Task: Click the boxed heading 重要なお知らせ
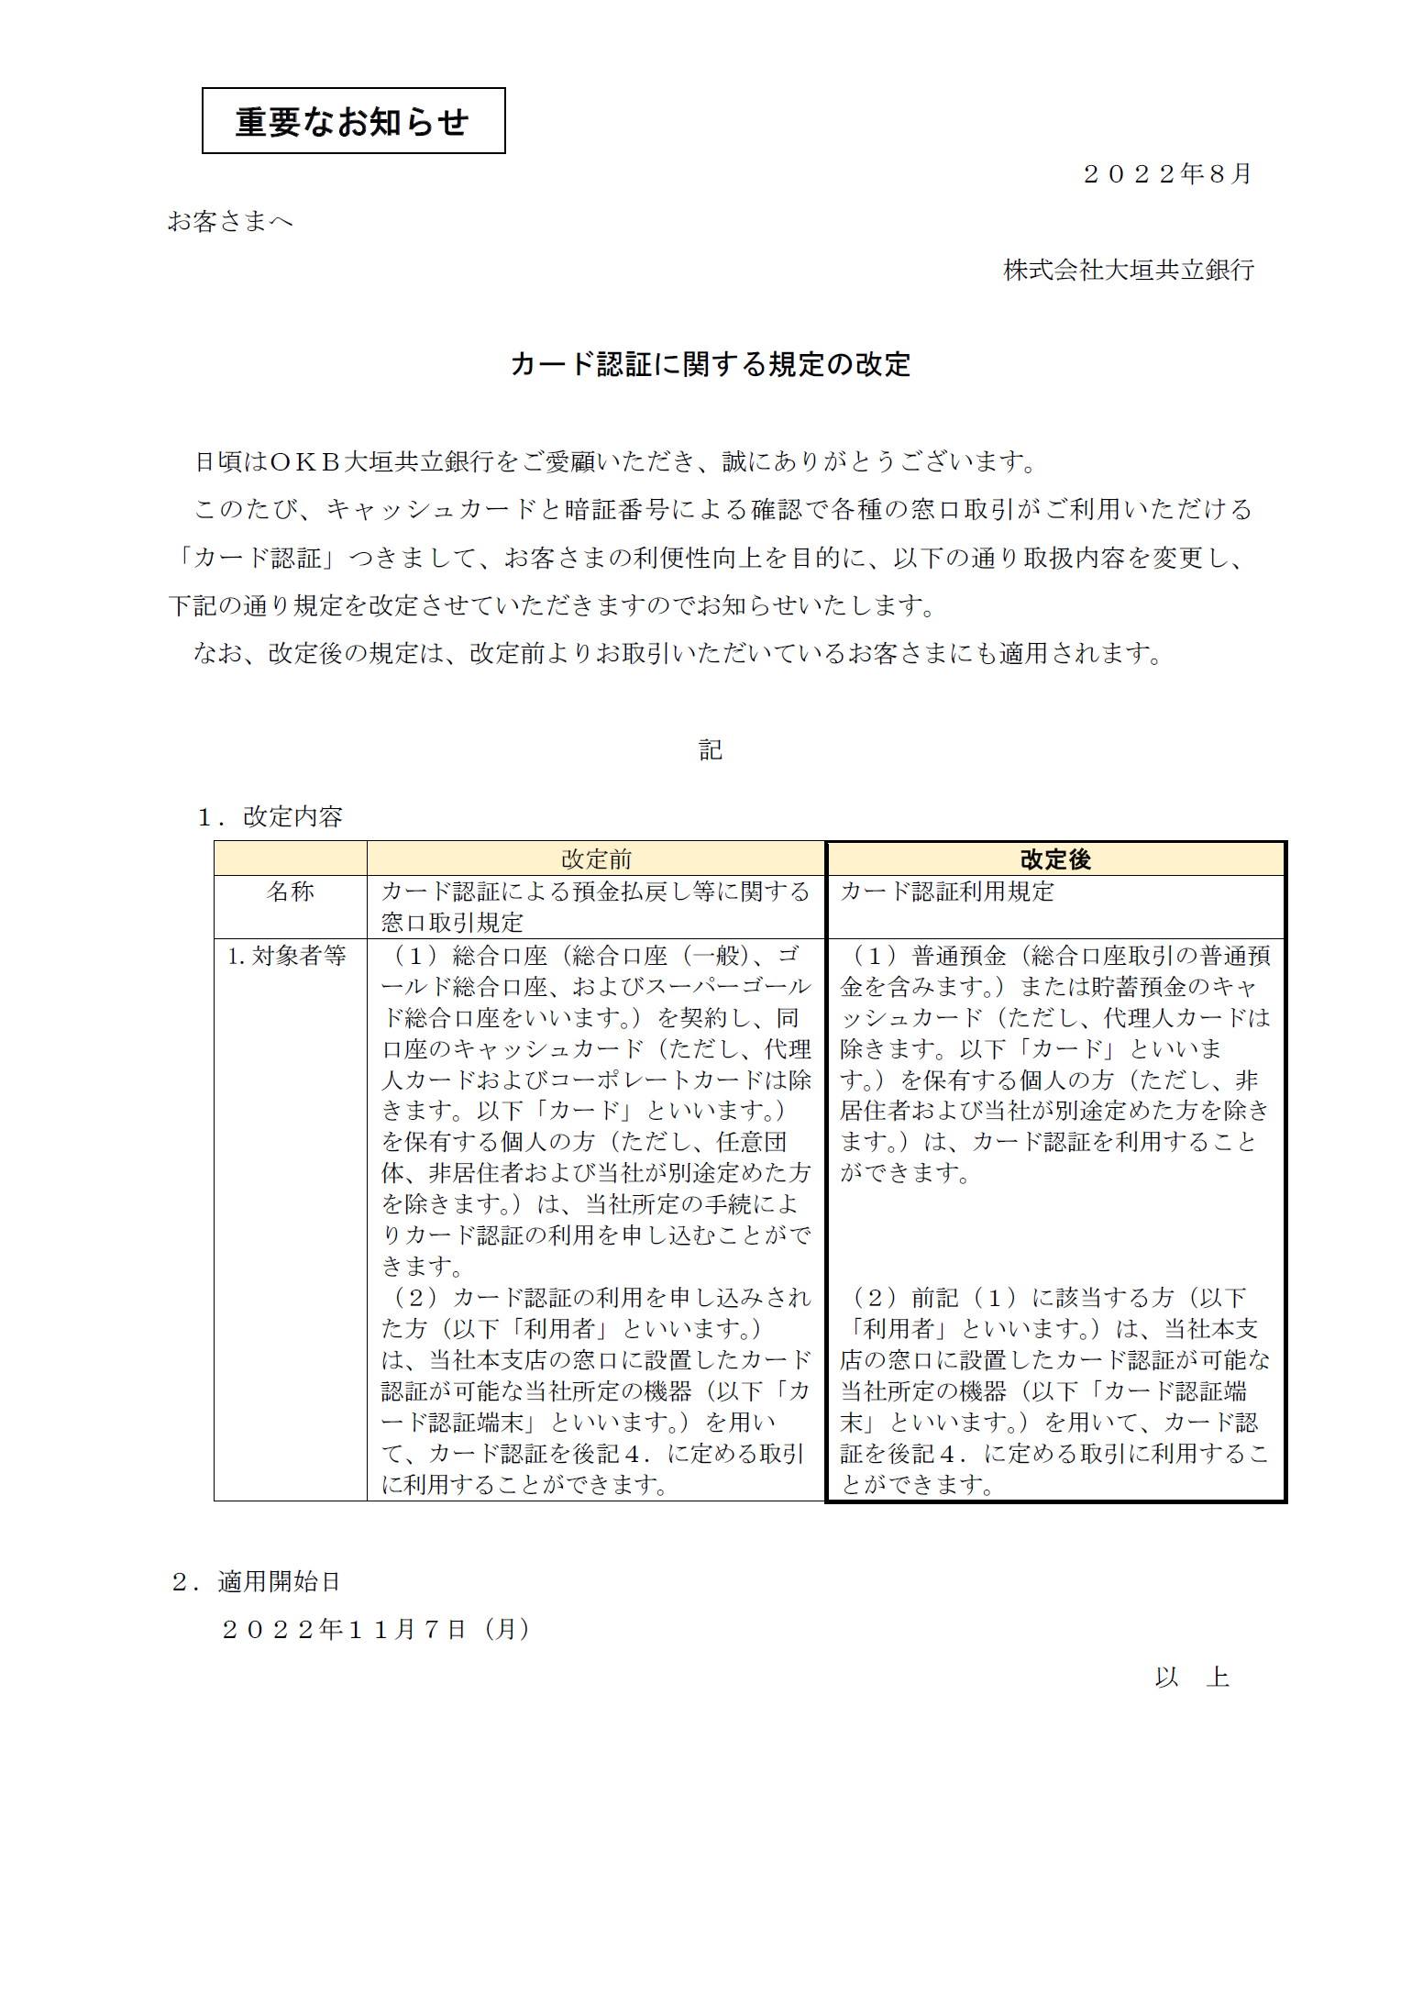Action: [x=353, y=121]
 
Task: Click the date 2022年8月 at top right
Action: [x=1167, y=174]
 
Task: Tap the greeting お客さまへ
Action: [x=230, y=221]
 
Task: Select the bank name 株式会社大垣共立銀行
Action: [x=1128, y=270]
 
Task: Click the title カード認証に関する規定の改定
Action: [x=711, y=364]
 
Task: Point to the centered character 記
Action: [x=711, y=750]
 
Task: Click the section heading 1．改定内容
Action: [x=270, y=816]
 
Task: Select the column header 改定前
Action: [x=596, y=859]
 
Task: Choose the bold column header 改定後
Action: [x=1055, y=859]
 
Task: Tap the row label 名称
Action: [x=290, y=892]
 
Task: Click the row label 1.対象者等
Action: [x=287, y=956]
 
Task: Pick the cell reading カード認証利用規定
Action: [x=947, y=892]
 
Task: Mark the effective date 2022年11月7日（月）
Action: [x=376, y=1629]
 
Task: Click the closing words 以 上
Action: [x=1192, y=1677]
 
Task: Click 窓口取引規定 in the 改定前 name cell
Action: [x=452, y=923]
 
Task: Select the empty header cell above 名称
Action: [x=290, y=858]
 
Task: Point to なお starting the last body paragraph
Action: [x=216, y=653]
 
